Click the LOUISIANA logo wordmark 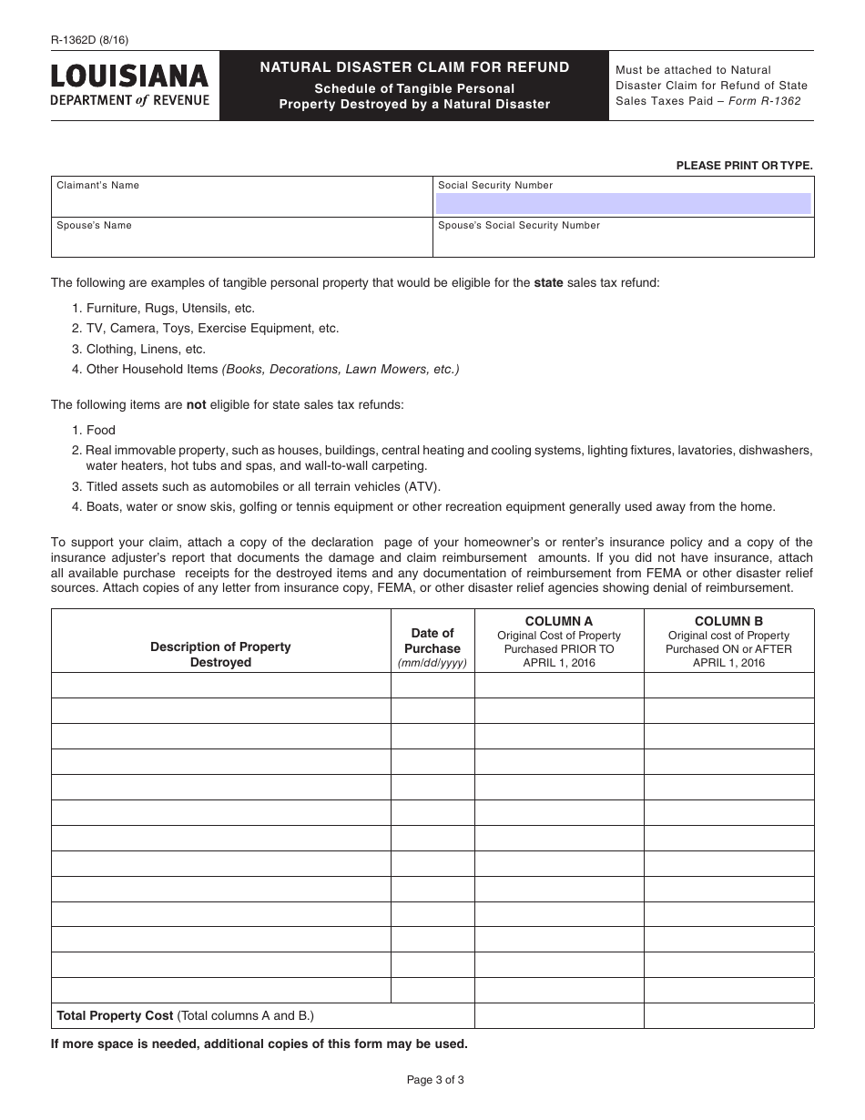(130, 75)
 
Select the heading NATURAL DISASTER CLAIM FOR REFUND (414, 67)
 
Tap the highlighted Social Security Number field (624, 203)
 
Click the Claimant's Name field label (98, 186)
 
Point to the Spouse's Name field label (94, 226)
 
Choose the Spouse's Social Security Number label (519, 226)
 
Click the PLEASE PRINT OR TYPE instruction (744, 166)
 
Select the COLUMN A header (559, 621)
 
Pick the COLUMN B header (728, 621)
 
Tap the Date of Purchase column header (432, 641)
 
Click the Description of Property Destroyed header (220, 655)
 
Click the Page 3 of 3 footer (435, 1081)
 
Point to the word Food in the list (101, 430)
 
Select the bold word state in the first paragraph (548, 283)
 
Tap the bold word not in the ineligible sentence (197, 405)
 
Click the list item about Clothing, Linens (146, 349)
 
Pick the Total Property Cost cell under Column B (728, 1015)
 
